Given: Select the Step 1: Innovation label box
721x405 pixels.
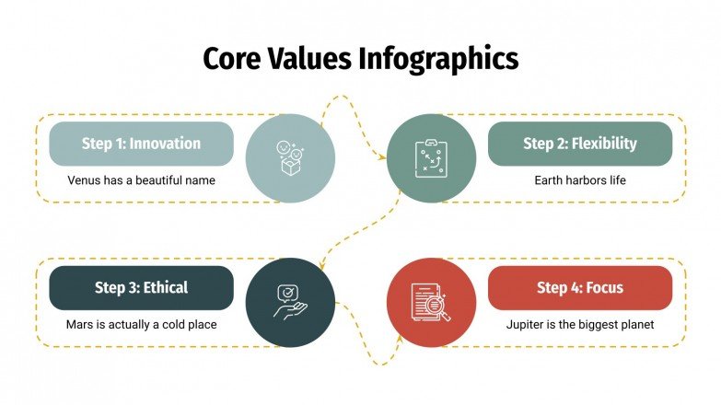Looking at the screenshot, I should (x=141, y=144).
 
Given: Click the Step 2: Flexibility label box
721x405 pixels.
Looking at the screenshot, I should (x=580, y=144).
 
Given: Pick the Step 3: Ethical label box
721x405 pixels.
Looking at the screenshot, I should (x=141, y=288).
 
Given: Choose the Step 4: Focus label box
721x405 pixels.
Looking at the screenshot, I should (x=580, y=288).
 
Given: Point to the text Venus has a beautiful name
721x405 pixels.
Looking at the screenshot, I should (x=141, y=180).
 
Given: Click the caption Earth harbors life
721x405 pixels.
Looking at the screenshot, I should (x=580, y=180).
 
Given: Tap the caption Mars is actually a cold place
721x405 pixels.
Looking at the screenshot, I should (x=141, y=325).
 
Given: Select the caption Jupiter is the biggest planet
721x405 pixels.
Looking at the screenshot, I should (x=580, y=325).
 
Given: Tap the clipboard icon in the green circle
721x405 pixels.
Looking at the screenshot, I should (x=431, y=158).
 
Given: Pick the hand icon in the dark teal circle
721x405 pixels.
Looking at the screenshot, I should (x=290, y=303).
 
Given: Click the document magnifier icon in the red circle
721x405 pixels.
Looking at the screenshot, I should (x=431, y=303).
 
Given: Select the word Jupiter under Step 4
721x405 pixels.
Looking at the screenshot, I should (x=526, y=325).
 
